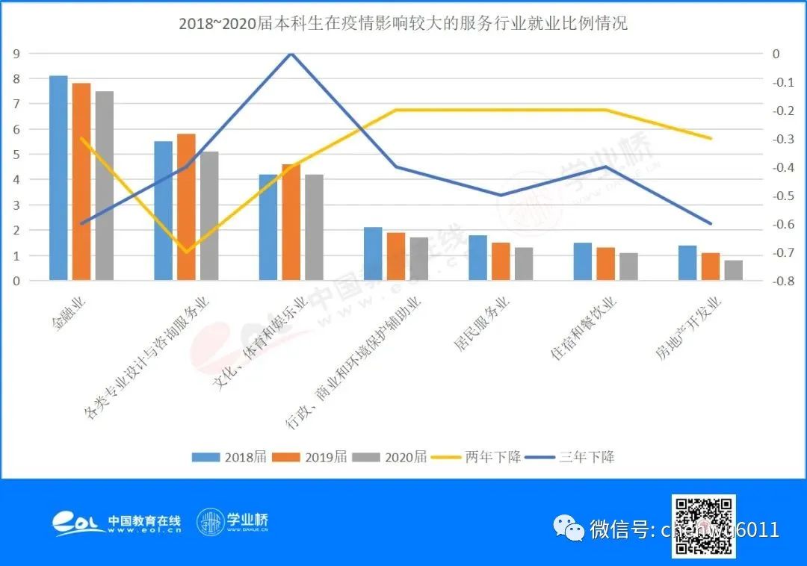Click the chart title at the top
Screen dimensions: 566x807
tap(403, 24)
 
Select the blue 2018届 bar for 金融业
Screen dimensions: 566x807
tap(58, 178)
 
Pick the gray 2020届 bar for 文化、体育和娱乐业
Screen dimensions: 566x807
tap(314, 228)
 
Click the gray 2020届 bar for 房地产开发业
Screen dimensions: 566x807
tap(733, 271)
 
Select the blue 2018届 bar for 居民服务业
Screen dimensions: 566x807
tap(477, 258)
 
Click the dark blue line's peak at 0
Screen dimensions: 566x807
tap(291, 54)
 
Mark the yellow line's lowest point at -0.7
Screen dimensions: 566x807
tap(186, 252)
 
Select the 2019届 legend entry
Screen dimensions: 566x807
tap(310, 457)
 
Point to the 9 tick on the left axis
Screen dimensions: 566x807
tap(16, 54)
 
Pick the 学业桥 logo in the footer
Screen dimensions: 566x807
tap(232, 521)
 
